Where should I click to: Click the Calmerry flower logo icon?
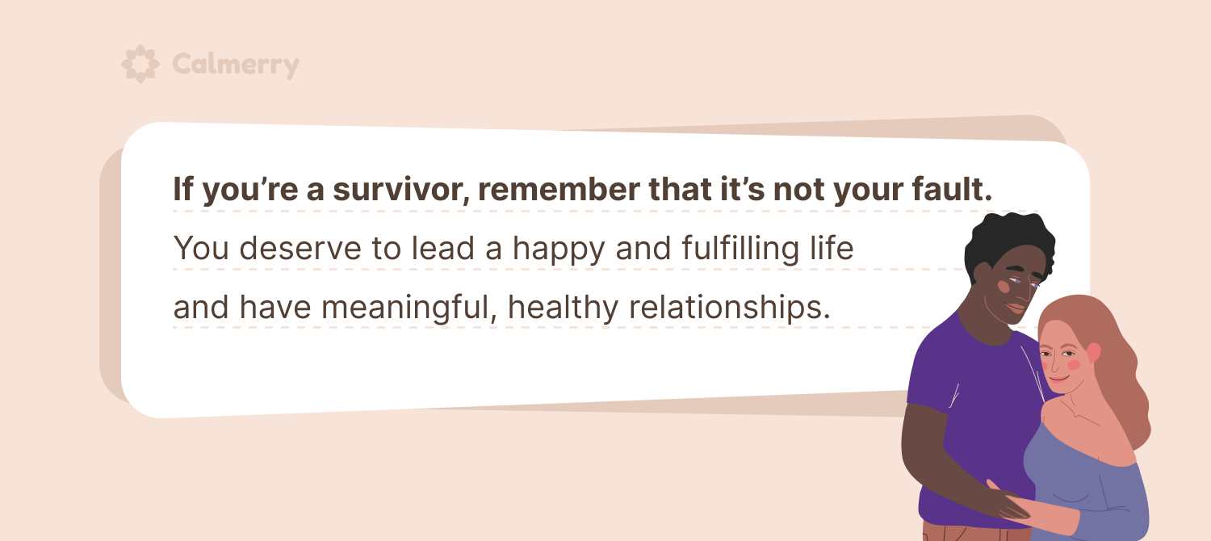click(x=140, y=64)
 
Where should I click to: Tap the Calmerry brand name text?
click(x=236, y=65)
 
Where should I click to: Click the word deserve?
click(x=300, y=249)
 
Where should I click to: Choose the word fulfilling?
click(x=740, y=250)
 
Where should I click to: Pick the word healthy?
click(x=563, y=308)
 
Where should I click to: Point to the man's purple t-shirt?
click(x=973, y=416)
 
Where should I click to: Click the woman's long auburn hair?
click(x=1113, y=367)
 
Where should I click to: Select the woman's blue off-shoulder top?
click(x=1087, y=486)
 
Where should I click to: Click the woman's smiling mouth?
click(x=1058, y=378)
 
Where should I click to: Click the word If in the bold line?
click(x=182, y=189)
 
